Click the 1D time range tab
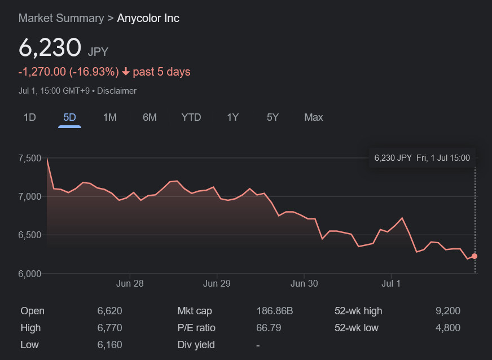[x=29, y=117]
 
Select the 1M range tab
[x=109, y=117]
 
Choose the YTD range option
[x=191, y=117]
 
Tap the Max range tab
[x=314, y=117]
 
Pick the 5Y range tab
[x=273, y=117]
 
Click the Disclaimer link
[x=117, y=91]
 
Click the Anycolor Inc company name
[x=148, y=18]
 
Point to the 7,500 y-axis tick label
[x=30, y=158]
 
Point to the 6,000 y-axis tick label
[x=30, y=274]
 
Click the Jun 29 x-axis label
[x=217, y=283]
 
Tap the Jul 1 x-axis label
[x=391, y=283]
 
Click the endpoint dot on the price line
[x=475, y=256]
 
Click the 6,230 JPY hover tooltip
[x=422, y=158]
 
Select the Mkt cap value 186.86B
[x=275, y=311]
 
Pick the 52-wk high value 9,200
[x=448, y=311]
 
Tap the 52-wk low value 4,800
[x=448, y=328]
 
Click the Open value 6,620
[x=109, y=311]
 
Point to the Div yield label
[x=197, y=345]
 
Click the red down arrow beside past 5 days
[x=126, y=72]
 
